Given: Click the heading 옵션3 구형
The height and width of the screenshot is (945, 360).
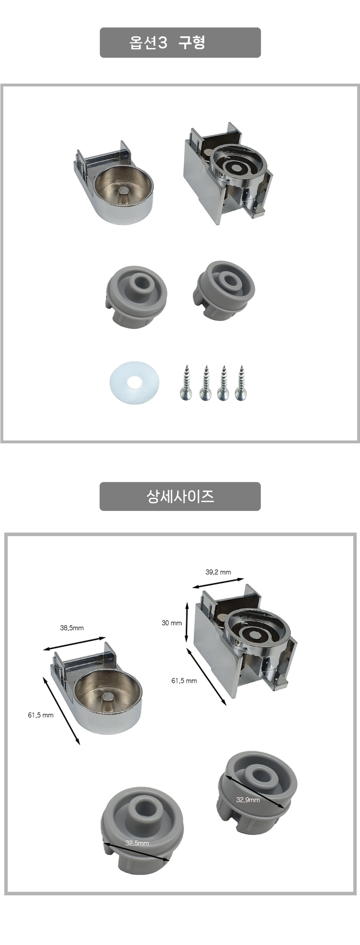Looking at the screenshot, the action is (167, 43).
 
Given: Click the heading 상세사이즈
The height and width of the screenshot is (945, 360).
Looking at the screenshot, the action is (180, 497).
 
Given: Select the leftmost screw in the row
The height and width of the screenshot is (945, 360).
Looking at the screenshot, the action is (185, 383).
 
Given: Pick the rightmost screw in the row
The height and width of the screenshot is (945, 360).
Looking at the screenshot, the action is (241, 383).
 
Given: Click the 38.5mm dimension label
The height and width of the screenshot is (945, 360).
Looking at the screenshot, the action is (72, 628).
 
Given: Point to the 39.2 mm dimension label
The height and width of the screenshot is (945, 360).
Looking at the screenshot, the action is (218, 572).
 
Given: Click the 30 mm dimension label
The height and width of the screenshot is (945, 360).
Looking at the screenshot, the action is (172, 623).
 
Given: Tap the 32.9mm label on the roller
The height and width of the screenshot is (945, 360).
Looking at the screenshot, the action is (248, 800).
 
